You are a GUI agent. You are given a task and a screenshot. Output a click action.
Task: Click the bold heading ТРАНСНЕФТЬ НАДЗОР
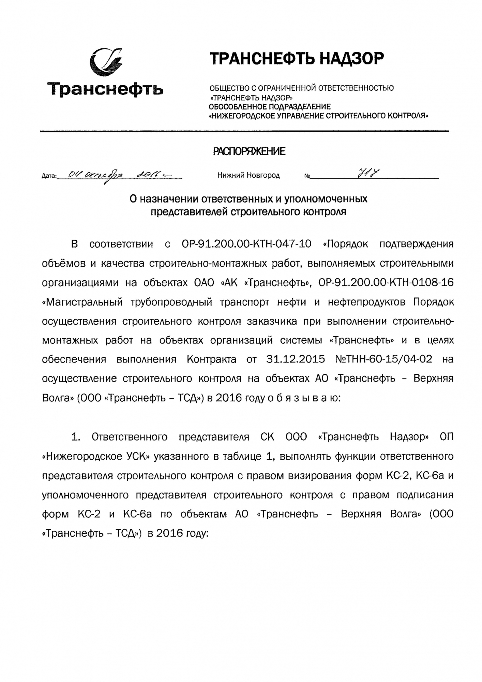pyautogui.click(x=297, y=59)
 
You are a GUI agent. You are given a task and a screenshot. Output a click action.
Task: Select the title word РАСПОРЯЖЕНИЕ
pyautogui.click(x=249, y=151)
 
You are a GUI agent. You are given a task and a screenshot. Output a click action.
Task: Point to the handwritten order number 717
pyautogui.click(x=368, y=174)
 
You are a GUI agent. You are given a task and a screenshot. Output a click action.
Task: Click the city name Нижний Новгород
pyautogui.click(x=248, y=176)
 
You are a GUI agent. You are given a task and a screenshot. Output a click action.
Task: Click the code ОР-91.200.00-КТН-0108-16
pyautogui.click(x=386, y=283)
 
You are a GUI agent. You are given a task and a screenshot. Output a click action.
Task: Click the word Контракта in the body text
pyautogui.click(x=211, y=359)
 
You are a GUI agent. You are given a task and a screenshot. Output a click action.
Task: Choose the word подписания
pyautogui.click(x=426, y=495)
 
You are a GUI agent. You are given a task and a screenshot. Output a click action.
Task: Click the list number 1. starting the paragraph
pyautogui.click(x=76, y=437)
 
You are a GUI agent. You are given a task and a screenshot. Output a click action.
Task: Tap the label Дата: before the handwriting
pyautogui.click(x=49, y=176)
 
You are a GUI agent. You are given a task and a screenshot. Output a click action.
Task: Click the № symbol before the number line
pyautogui.click(x=307, y=176)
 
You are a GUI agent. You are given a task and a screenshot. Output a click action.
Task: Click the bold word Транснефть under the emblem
pyautogui.click(x=105, y=89)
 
